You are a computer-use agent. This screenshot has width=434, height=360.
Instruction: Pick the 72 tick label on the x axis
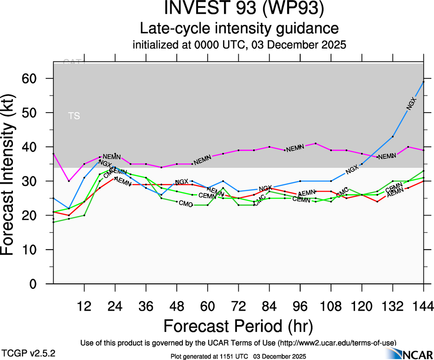(x=238, y=306)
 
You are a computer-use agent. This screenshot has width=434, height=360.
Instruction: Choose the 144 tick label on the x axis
(x=423, y=306)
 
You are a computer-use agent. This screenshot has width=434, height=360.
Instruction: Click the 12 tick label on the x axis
(x=84, y=306)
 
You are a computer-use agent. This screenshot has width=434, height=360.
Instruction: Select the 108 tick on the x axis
(x=331, y=306)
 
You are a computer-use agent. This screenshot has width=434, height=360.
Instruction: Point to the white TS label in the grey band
(x=74, y=116)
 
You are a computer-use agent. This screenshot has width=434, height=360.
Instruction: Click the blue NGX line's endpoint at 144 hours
(x=423, y=82)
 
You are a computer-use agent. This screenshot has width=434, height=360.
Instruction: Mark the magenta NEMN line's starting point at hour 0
(x=54, y=154)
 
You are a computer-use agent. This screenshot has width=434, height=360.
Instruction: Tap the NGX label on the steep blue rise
(x=411, y=104)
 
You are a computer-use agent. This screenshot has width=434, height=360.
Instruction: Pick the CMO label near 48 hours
(x=186, y=204)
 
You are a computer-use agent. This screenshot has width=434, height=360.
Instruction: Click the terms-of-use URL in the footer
(x=337, y=343)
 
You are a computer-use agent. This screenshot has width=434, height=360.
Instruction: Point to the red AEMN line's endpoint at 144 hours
(x=423, y=181)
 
